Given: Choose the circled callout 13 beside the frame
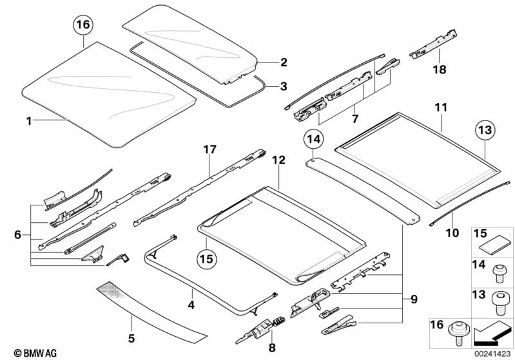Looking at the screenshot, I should (x=487, y=131).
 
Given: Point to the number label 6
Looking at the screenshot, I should (x=17, y=235).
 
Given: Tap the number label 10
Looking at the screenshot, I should (x=452, y=232).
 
